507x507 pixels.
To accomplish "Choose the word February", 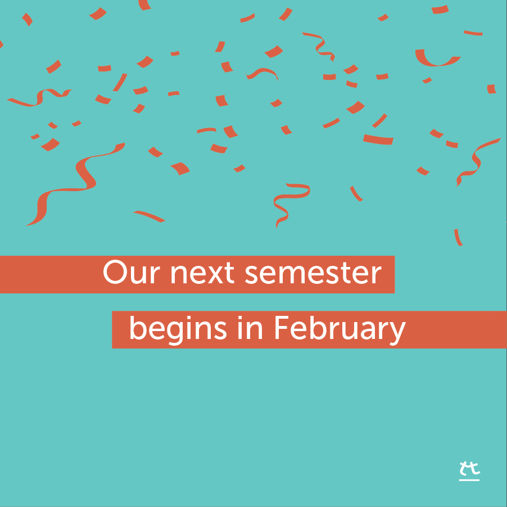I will pos(339,329).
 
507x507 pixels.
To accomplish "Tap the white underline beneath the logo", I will pos(469,480).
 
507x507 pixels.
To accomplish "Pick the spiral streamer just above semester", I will pos(288,202).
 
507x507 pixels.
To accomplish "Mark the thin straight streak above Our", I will pos(149,216).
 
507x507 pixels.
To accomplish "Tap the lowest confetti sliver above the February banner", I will pos(458,237).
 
